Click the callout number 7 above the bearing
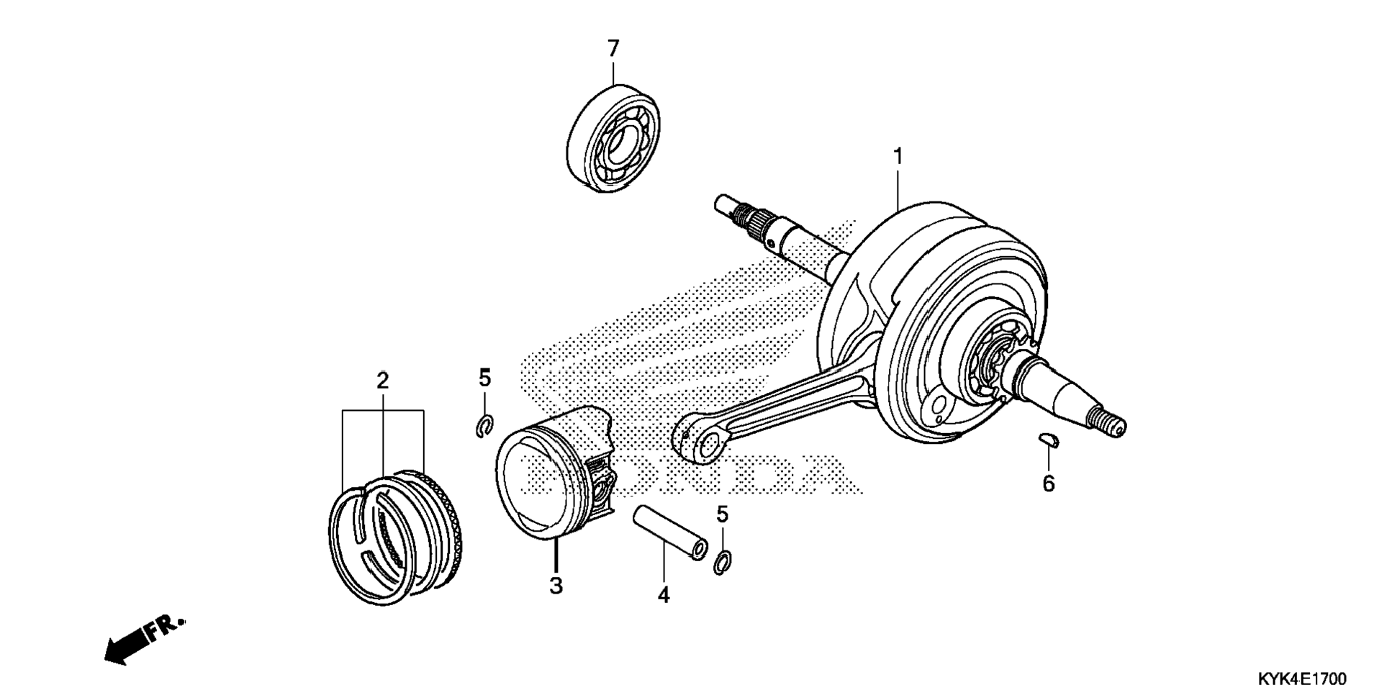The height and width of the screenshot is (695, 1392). tap(613, 49)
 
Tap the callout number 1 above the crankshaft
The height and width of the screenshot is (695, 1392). tap(898, 155)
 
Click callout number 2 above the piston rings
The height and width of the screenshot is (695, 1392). tap(382, 380)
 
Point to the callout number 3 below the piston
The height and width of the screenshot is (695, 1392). tap(556, 586)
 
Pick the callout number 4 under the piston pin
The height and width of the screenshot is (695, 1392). tap(663, 595)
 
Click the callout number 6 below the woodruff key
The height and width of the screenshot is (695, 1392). tap(1048, 483)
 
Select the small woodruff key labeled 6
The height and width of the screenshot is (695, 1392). tap(1050, 440)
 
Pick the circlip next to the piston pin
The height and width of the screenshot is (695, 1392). tap(722, 562)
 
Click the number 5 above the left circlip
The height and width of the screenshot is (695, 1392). tap(484, 378)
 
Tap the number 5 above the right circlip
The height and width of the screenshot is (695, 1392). tap(722, 514)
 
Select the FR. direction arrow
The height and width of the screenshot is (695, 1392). tap(143, 639)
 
